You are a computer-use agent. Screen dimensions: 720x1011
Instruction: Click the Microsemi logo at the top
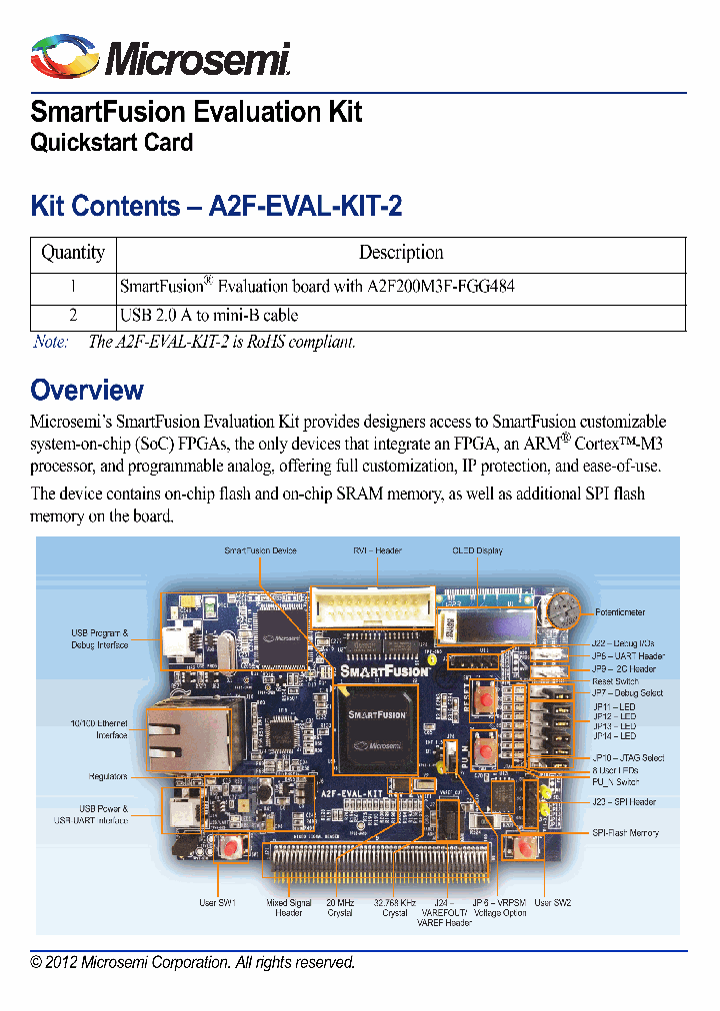160,58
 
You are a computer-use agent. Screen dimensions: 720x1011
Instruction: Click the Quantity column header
73,253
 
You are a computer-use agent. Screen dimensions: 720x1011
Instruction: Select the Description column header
401,253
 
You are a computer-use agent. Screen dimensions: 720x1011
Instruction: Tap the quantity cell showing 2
73,316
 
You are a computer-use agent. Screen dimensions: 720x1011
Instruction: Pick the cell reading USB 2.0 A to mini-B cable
209,316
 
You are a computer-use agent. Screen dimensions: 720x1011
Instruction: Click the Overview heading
87,390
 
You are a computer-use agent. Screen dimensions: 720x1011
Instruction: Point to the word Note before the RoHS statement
51,342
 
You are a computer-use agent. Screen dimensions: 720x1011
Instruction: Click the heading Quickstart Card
112,142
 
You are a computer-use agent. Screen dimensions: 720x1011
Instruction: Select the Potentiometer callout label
620,612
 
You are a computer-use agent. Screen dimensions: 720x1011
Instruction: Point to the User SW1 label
217,903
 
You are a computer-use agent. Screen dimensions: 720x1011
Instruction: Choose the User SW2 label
552,903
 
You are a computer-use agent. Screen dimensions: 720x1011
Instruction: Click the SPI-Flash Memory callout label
625,832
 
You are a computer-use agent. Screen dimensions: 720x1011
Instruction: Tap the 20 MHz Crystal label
340,907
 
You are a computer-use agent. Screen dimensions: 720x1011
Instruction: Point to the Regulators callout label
108,776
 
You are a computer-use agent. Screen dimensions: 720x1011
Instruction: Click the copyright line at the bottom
193,963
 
